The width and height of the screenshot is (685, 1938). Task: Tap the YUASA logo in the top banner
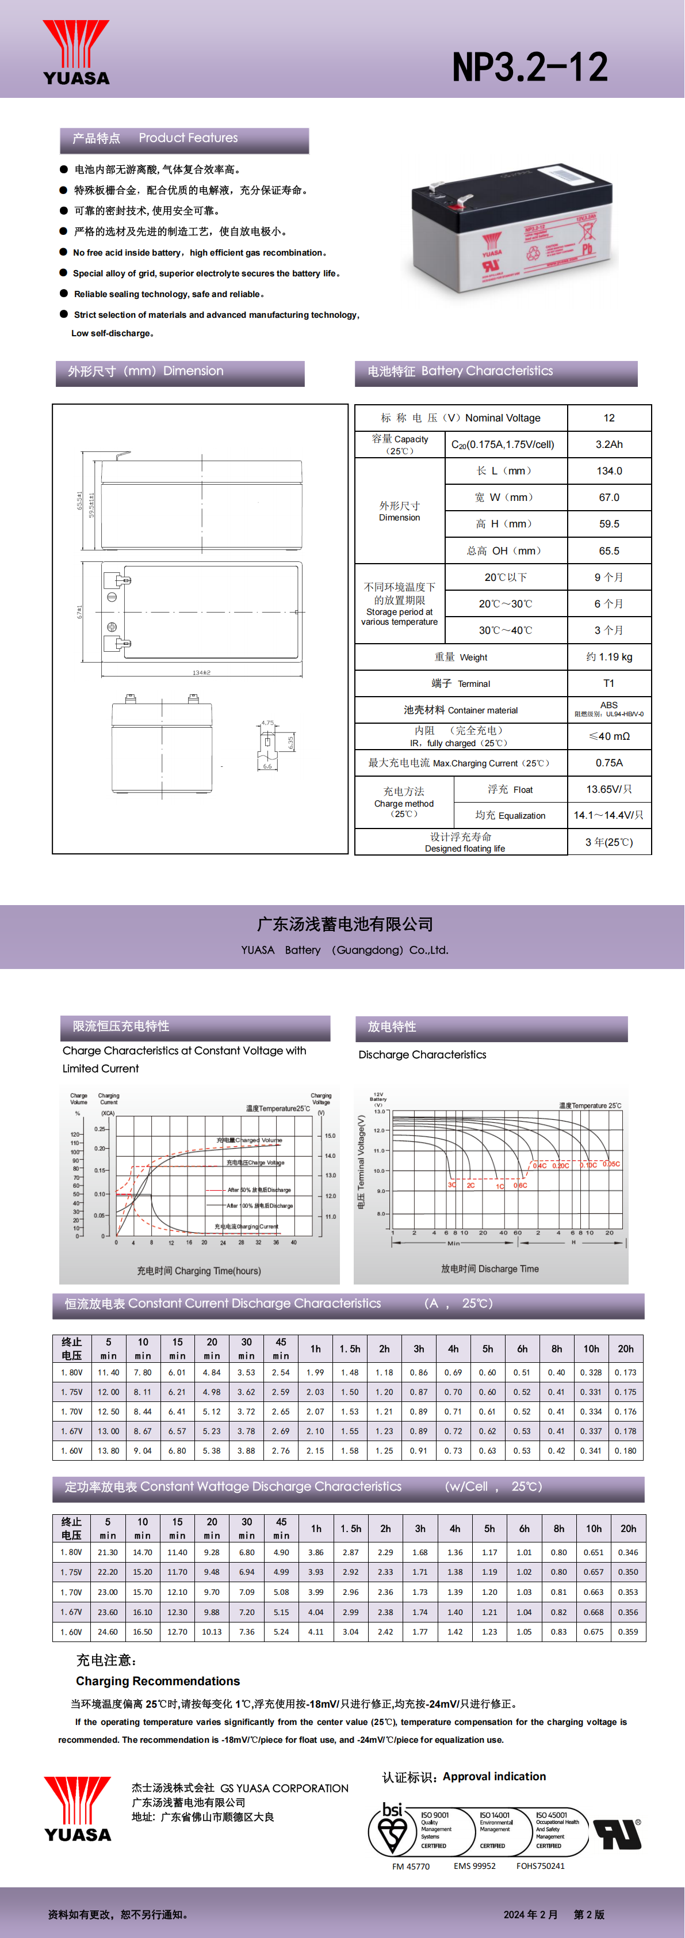(76, 52)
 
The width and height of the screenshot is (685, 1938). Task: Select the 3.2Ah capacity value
(609, 444)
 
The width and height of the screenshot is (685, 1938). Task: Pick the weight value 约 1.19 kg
(609, 657)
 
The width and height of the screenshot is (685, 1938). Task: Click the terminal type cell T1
(609, 683)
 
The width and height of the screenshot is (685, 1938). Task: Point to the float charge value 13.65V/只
(609, 789)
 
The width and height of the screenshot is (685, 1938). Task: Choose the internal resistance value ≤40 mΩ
(609, 736)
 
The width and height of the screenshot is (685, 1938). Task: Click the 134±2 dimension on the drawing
(201, 672)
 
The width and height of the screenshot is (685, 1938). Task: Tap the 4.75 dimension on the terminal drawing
(267, 723)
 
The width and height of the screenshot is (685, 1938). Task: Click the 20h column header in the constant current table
(626, 1349)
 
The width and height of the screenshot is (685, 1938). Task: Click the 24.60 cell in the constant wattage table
(108, 1632)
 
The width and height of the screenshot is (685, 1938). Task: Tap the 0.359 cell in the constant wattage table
(628, 1632)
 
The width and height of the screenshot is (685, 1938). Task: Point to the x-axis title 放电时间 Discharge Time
(489, 1268)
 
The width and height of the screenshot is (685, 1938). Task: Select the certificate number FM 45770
(411, 1866)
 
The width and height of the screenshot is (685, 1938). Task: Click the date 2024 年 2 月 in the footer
(531, 1914)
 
